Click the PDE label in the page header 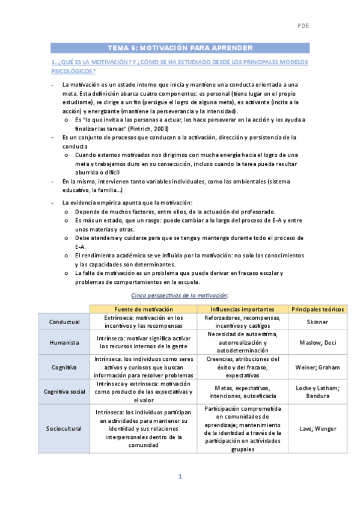tap(303, 26)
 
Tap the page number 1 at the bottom tap(180, 476)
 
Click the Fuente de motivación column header tap(143, 309)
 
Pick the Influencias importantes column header tap(242, 309)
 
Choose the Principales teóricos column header tap(319, 309)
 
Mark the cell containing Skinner tap(319, 322)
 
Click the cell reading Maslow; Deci tap(319, 343)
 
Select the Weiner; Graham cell tap(319, 367)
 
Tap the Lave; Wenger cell tap(319, 428)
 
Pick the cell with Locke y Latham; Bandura tap(319, 392)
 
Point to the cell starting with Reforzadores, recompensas tap(242, 322)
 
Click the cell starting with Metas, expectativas tap(242, 392)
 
